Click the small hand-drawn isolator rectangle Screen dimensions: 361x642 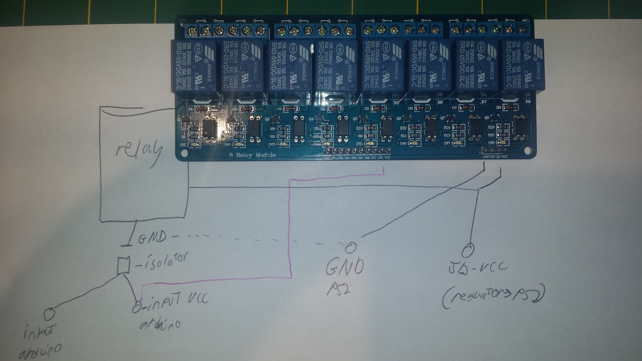point(123,265)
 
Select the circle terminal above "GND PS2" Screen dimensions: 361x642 point(351,247)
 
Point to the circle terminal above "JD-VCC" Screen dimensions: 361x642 point(468,250)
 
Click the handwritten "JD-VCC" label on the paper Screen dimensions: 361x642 point(477,269)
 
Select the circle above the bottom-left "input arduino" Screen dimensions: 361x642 point(49,314)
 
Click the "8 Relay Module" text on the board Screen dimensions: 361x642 point(253,155)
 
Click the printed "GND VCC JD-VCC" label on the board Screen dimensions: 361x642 point(495,157)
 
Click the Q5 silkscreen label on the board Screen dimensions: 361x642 point(355,119)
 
